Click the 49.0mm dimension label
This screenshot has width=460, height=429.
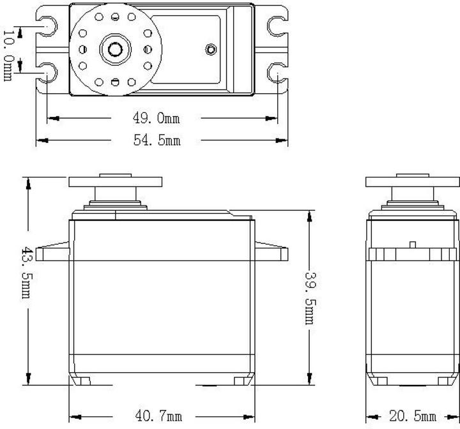pyautogui.click(x=157, y=119)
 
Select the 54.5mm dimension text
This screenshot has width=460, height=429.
pyautogui.click(x=157, y=140)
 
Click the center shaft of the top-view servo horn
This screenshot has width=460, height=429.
pyautogui.click(x=116, y=49)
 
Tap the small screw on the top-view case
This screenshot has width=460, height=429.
pyautogui.click(x=211, y=49)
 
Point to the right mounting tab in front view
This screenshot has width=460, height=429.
pyautogui.click(x=272, y=252)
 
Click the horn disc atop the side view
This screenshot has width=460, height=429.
pyautogui.click(x=412, y=181)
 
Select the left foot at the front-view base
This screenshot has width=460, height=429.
pyautogui.click(x=80, y=381)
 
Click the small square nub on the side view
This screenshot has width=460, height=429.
pyautogui.click(x=413, y=244)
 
